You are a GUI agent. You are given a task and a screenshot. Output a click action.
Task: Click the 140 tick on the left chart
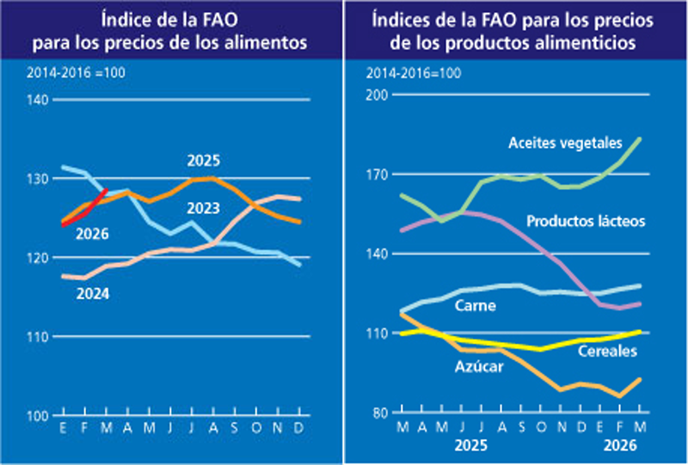[38, 101]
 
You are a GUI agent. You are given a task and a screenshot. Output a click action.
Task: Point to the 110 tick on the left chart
[38, 337]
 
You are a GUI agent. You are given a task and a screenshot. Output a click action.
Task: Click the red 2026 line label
[91, 234]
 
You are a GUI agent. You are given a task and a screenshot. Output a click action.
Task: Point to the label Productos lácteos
[585, 221]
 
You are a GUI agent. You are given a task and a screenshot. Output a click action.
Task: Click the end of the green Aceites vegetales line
[639, 138]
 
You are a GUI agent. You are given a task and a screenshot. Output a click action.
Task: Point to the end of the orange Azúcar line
[639, 379]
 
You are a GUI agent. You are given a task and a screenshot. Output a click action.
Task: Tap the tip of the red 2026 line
[105, 191]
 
